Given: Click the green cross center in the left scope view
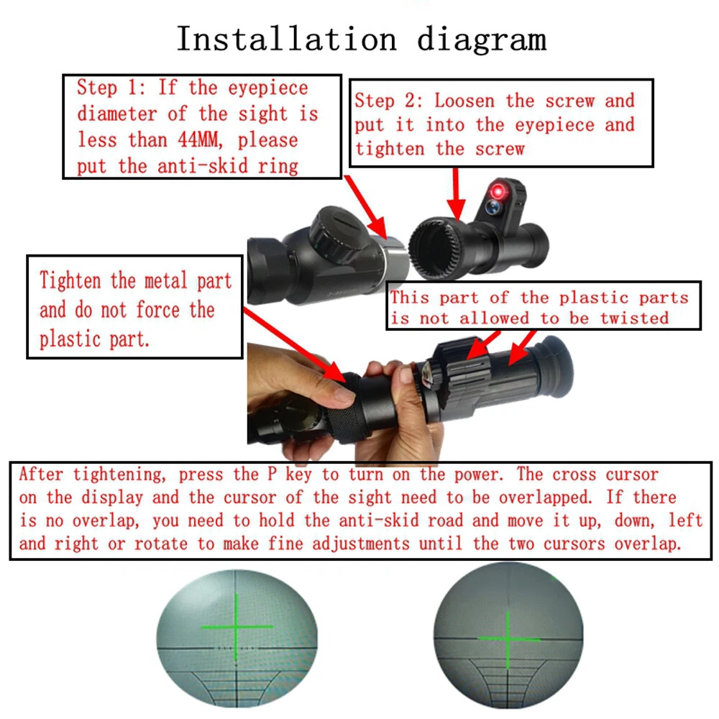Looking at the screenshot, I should tap(237, 627).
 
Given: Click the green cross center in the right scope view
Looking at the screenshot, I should tap(509, 638).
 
